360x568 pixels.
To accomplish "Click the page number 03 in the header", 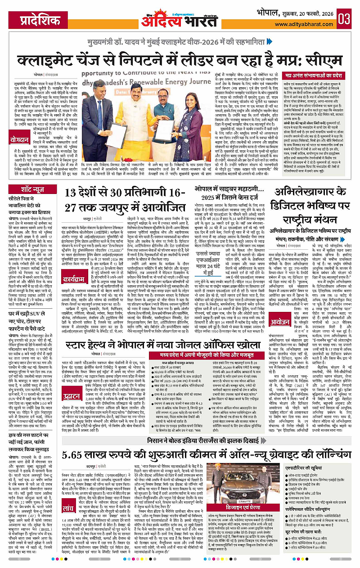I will point(345,20).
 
